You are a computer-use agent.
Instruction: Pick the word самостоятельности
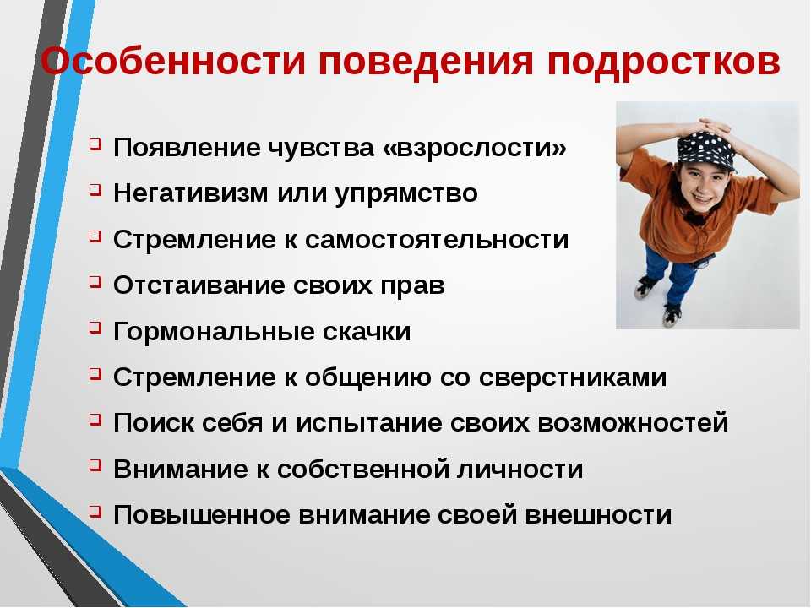(437, 240)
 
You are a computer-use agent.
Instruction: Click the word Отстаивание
(199, 285)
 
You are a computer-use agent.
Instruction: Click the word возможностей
(633, 423)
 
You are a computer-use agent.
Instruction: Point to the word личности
(520, 470)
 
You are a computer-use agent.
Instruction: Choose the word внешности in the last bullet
(598, 515)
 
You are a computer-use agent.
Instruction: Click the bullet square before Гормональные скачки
(95, 328)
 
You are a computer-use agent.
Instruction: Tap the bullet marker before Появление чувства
(95, 144)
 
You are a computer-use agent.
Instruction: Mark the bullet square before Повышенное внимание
(95, 512)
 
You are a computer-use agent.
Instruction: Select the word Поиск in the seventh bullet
(154, 423)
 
